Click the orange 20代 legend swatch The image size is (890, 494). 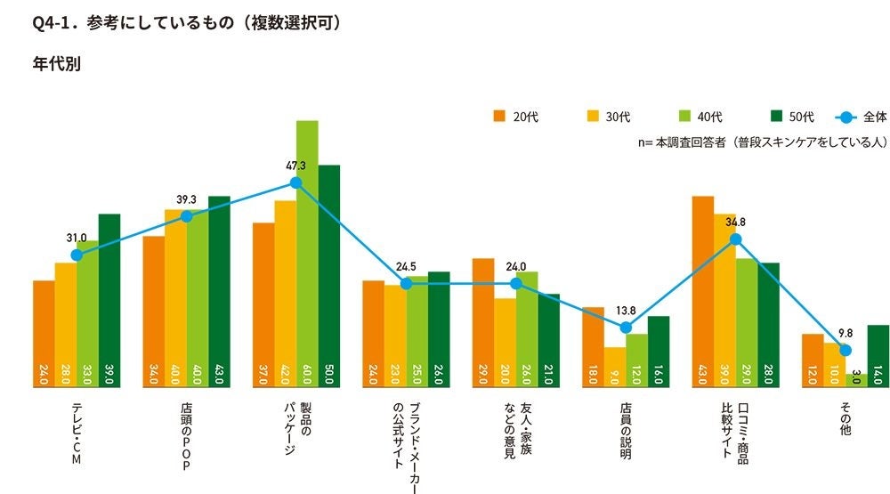pyautogui.click(x=499, y=117)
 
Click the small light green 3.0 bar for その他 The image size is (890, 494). pyautogui.click(x=856, y=380)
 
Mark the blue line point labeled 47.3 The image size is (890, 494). pyautogui.click(x=296, y=182)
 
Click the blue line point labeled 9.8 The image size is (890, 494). pyautogui.click(x=845, y=350)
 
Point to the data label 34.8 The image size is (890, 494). pyautogui.click(x=735, y=222)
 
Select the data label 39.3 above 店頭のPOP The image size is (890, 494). pyautogui.click(x=186, y=199)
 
